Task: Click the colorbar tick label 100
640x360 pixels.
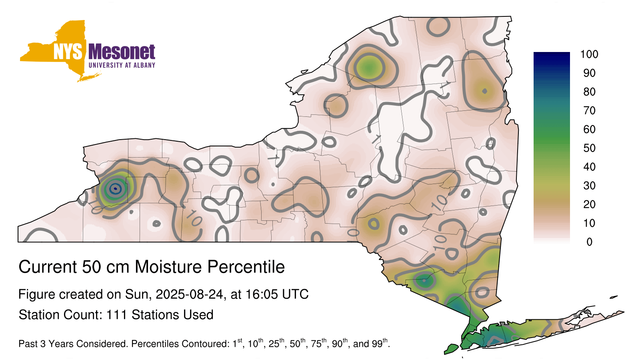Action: tap(589, 54)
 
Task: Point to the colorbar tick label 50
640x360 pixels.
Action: tap(589, 148)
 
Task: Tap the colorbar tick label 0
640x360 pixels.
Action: tap(590, 242)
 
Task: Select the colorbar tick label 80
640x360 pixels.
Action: tap(589, 92)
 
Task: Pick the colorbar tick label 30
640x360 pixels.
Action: tap(589, 186)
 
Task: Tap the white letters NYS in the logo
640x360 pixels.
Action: tap(68, 52)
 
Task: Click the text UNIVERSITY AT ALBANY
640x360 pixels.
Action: tap(122, 65)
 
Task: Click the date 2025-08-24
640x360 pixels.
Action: tap(189, 294)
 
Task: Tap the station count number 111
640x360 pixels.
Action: tap(116, 314)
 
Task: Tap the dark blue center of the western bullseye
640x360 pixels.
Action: tap(115, 188)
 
